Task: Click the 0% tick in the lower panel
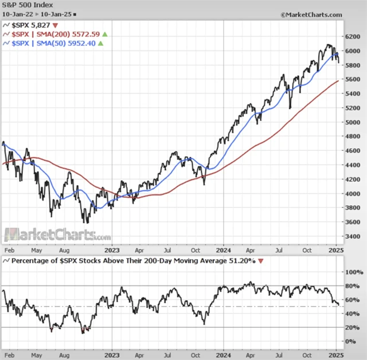click(x=352, y=342)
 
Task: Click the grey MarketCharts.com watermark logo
click(x=57, y=235)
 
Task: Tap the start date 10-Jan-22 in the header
click(x=17, y=14)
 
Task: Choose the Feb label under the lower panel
click(x=9, y=354)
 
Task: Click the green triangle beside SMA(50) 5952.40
click(x=101, y=43)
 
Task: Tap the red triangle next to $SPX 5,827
click(x=55, y=26)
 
